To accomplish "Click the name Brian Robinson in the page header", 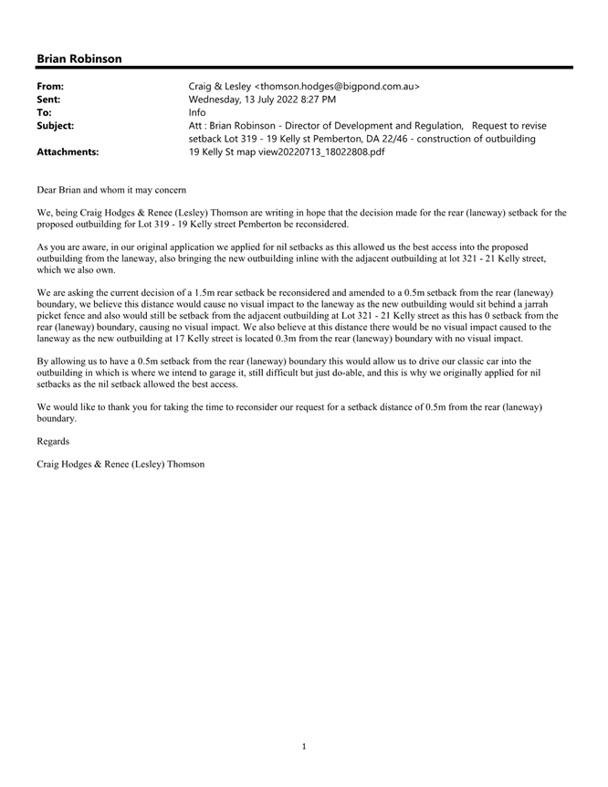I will click(79, 58).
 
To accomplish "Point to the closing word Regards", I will click(53, 441).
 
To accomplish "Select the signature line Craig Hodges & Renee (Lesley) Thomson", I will click(121, 464).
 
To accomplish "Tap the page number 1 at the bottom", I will click(304, 747).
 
